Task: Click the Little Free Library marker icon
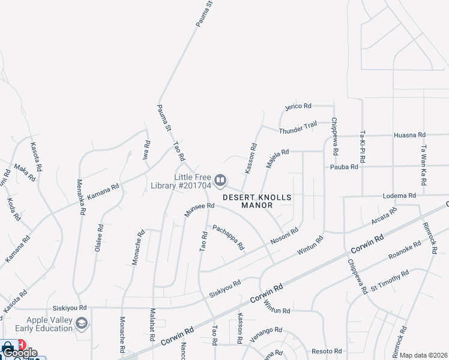tap(220, 180)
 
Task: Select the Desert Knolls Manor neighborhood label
tap(257, 201)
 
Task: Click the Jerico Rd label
tap(298, 106)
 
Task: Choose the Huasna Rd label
tap(409, 136)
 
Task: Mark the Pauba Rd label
tap(344, 167)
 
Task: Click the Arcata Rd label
tap(384, 216)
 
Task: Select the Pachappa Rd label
tap(229, 237)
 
